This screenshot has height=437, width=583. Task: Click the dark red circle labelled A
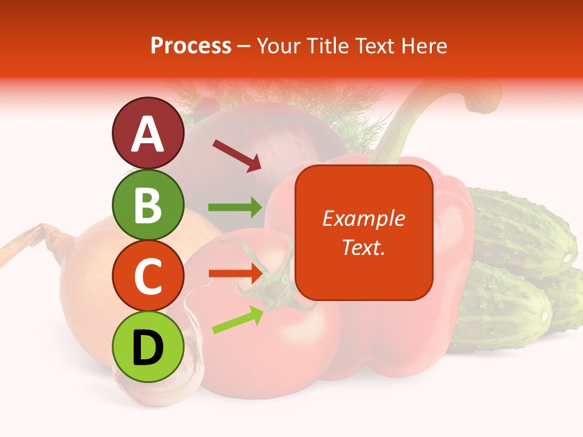[x=148, y=134]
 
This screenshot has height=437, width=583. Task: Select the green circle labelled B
[x=148, y=205]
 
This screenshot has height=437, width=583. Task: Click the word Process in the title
[x=191, y=46]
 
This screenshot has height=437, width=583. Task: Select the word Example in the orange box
[x=363, y=218]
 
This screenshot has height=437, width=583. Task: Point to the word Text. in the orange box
[x=363, y=247]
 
